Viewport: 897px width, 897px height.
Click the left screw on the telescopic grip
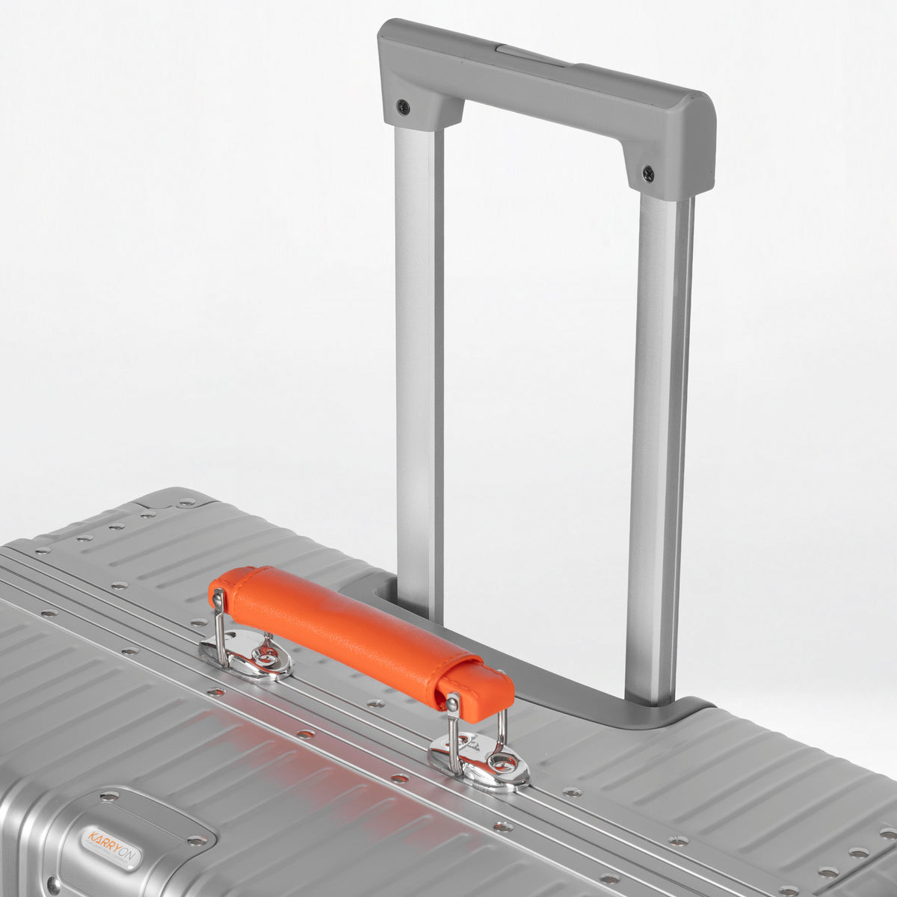pos(403,107)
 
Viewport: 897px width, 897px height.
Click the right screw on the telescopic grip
pos(648,174)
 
